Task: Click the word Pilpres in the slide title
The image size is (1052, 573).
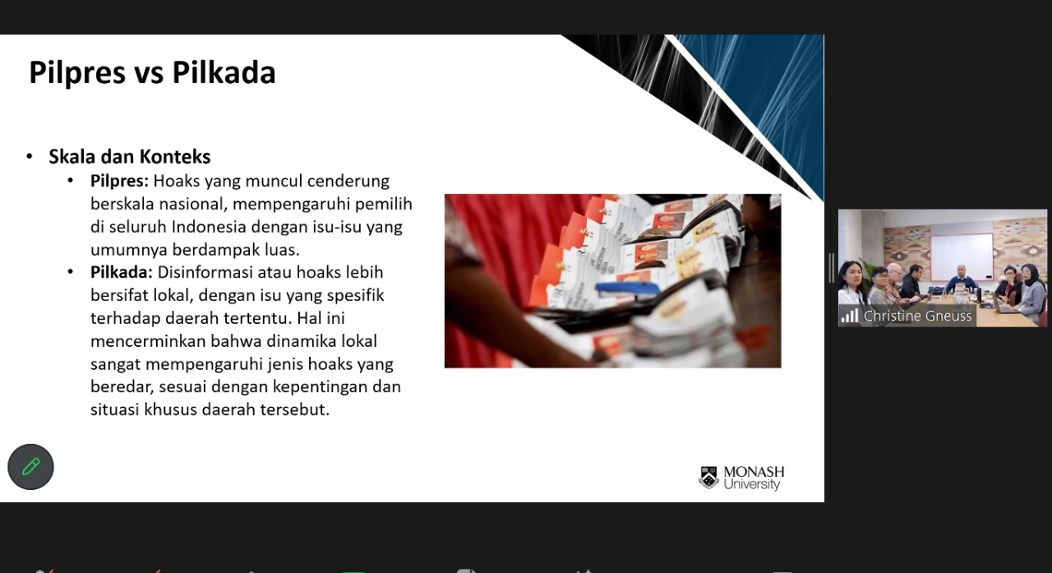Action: pyautogui.click(x=78, y=73)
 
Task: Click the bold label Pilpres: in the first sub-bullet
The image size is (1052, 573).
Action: pyautogui.click(x=119, y=182)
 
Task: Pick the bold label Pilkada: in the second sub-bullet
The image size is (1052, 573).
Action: pyautogui.click(x=121, y=272)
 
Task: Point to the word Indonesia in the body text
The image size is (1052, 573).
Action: pyautogui.click(x=209, y=227)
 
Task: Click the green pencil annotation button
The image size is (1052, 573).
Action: pyautogui.click(x=30, y=467)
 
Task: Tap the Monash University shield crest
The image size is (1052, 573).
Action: pyautogui.click(x=709, y=477)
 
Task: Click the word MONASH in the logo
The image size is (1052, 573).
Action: pyautogui.click(x=754, y=472)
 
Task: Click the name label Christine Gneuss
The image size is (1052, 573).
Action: pyautogui.click(x=918, y=316)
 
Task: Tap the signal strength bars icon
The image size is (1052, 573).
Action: pyautogui.click(x=850, y=316)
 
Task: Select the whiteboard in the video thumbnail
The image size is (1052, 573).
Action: pyautogui.click(x=962, y=256)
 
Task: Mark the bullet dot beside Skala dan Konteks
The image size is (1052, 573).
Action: pyautogui.click(x=30, y=156)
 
